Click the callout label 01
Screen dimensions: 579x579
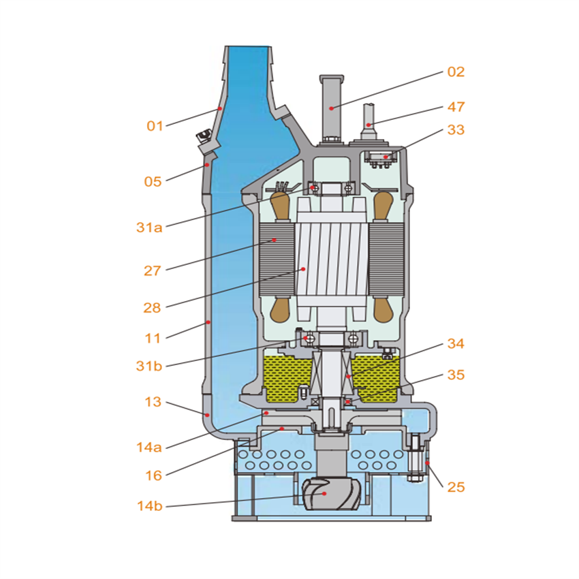coord(155,125)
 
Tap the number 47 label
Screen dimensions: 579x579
coord(456,107)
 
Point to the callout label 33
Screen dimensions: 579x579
coord(456,129)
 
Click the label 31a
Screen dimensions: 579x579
coord(149,228)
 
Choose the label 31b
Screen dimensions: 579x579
coord(149,366)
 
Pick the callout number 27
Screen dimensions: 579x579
coord(152,271)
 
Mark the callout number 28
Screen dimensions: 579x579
coord(152,308)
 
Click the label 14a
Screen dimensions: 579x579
coord(149,448)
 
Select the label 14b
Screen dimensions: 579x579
coord(149,506)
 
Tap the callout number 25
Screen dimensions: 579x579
coord(456,487)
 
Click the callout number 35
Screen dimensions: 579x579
coord(456,374)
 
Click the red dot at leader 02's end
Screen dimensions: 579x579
coord(332,108)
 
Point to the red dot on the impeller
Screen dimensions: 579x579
coord(325,494)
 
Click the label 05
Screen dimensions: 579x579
coord(153,181)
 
